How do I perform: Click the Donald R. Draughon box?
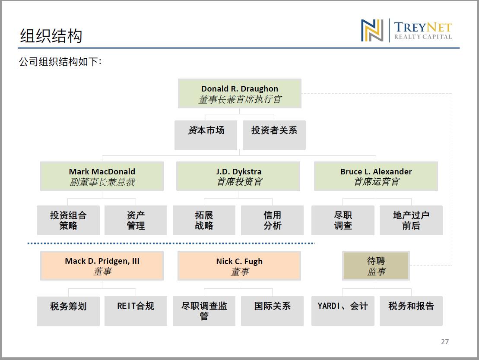[239, 93]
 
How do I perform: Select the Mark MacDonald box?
[102, 177]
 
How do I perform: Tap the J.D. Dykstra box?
[238, 177]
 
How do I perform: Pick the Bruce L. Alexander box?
[376, 177]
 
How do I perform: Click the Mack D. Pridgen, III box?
[102, 265]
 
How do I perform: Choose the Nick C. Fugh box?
[239, 265]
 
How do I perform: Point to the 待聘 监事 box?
[376, 265]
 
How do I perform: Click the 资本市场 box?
[206, 135]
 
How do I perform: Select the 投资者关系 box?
[274, 135]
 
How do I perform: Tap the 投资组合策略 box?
[68, 220]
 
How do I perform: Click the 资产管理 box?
[136, 220]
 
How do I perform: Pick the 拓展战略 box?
[204, 220]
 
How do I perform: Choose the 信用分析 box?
[272, 220]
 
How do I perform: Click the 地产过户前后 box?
[411, 220]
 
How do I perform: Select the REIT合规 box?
[136, 311]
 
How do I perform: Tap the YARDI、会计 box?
[343, 311]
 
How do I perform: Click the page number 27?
[445, 342]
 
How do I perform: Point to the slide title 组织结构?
[51, 36]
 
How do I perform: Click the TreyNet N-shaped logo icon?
[372, 30]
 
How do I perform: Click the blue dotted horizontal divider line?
[171, 243]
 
